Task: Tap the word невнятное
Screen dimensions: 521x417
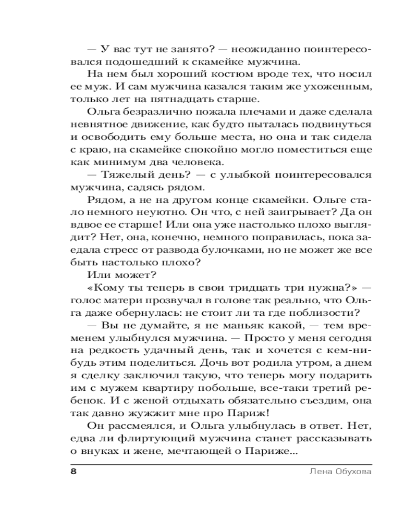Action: (x=97, y=125)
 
